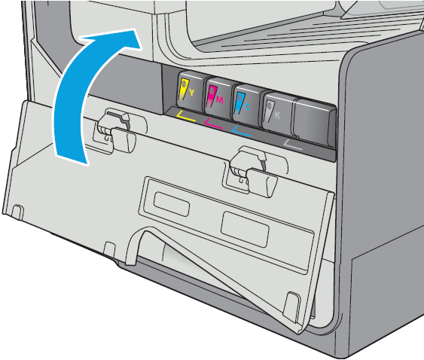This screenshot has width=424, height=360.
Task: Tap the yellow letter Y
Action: pos(191,93)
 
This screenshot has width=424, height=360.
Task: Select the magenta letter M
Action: pos(220,100)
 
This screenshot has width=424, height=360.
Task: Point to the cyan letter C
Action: pos(248,107)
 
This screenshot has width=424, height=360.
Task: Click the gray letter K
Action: pos(277,115)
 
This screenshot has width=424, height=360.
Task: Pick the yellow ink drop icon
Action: pos(184,90)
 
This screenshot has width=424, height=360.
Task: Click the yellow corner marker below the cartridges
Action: pos(185,116)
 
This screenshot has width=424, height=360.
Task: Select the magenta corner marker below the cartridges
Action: pos(213,124)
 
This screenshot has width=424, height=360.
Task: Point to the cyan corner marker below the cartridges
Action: pos(241,131)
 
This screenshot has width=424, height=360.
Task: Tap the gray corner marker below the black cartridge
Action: pos(292,145)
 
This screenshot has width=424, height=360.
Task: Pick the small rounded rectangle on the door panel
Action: pos(172,204)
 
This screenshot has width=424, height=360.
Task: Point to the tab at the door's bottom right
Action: pos(291,306)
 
